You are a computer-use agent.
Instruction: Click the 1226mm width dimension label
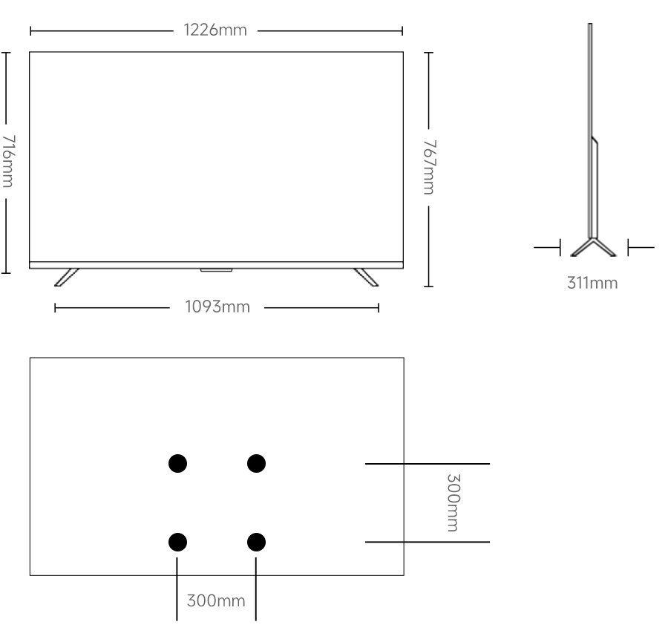tap(215, 30)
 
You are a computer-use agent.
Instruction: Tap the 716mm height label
tap(8, 161)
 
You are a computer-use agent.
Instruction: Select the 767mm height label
tap(430, 167)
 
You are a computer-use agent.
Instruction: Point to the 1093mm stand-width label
tap(217, 307)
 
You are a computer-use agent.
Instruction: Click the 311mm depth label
tap(592, 283)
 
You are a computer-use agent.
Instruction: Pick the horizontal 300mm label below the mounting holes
tap(216, 600)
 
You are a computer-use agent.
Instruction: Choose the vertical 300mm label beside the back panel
tap(453, 502)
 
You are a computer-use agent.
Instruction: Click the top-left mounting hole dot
tap(177, 463)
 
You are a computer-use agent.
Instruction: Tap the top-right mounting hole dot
tap(257, 463)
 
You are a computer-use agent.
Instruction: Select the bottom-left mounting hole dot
tap(177, 542)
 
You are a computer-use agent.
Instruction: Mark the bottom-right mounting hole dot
tap(257, 542)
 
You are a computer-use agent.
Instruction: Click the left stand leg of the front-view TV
tap(67, 278)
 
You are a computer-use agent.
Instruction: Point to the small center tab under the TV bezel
tap(217, 270)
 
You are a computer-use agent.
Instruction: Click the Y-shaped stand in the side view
tap(593, 247)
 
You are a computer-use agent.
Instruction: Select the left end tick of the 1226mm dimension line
tap(30, 30)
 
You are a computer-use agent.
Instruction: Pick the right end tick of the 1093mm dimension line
tap(379, 307)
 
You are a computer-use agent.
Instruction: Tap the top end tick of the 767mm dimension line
tap(428, 53)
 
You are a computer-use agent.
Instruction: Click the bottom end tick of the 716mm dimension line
tap(5, 272)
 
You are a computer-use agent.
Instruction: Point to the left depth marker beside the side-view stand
tap(548, 247)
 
